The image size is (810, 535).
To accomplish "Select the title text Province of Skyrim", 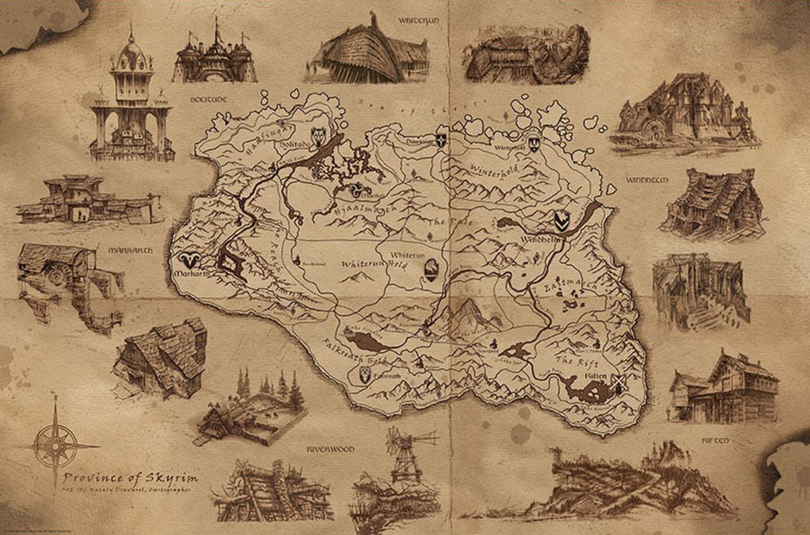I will pyautogui.click(x=129, y=478).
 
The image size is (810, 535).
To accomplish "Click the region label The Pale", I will pyautogui.click(x=443, y=222).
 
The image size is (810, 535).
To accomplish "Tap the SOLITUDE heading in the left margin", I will pyautogui.click(x=207, y=99).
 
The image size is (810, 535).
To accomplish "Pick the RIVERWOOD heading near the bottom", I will pyautogui.click(x=331, y=449).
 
